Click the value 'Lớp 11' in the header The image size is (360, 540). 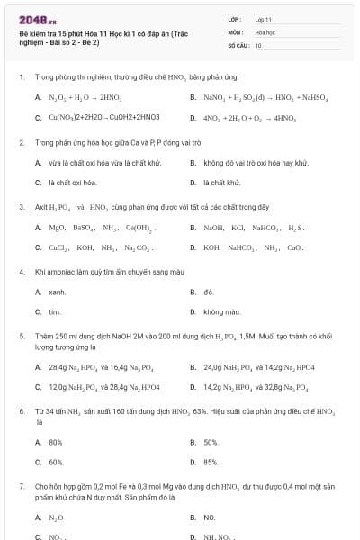tap(263, 18)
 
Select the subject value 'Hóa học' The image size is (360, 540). tap(264, 31)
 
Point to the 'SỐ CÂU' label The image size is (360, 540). tap(237, 44)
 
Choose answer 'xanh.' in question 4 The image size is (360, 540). tap(57, 292)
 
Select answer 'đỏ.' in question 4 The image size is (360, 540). tap(209, 292)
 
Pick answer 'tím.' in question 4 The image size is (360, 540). tap(55, 311)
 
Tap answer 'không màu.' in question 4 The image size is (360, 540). tap(221, 311)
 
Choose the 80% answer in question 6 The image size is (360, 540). tap(56, 442)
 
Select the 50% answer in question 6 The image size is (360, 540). tap(211, 442)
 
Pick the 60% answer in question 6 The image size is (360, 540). tap(56, 462)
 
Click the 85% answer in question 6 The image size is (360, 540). tap(211, 462)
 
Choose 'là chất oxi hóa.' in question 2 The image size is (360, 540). tap(72, 182)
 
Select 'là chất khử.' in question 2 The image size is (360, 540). tap(221, 182)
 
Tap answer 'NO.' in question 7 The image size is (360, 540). tap(209, 517)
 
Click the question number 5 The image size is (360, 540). tap(21, 334)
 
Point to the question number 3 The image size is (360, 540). tap(21, 206)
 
